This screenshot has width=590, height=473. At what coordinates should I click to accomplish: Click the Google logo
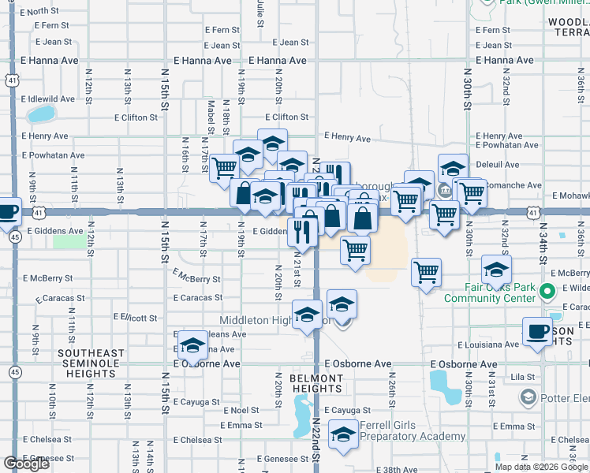pos(27,464)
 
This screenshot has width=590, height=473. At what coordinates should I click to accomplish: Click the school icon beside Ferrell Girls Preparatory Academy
pos(343,437)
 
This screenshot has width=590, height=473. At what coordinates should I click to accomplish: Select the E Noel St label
pos(241,411)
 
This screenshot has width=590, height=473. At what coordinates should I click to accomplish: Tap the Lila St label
pos(522,377)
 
